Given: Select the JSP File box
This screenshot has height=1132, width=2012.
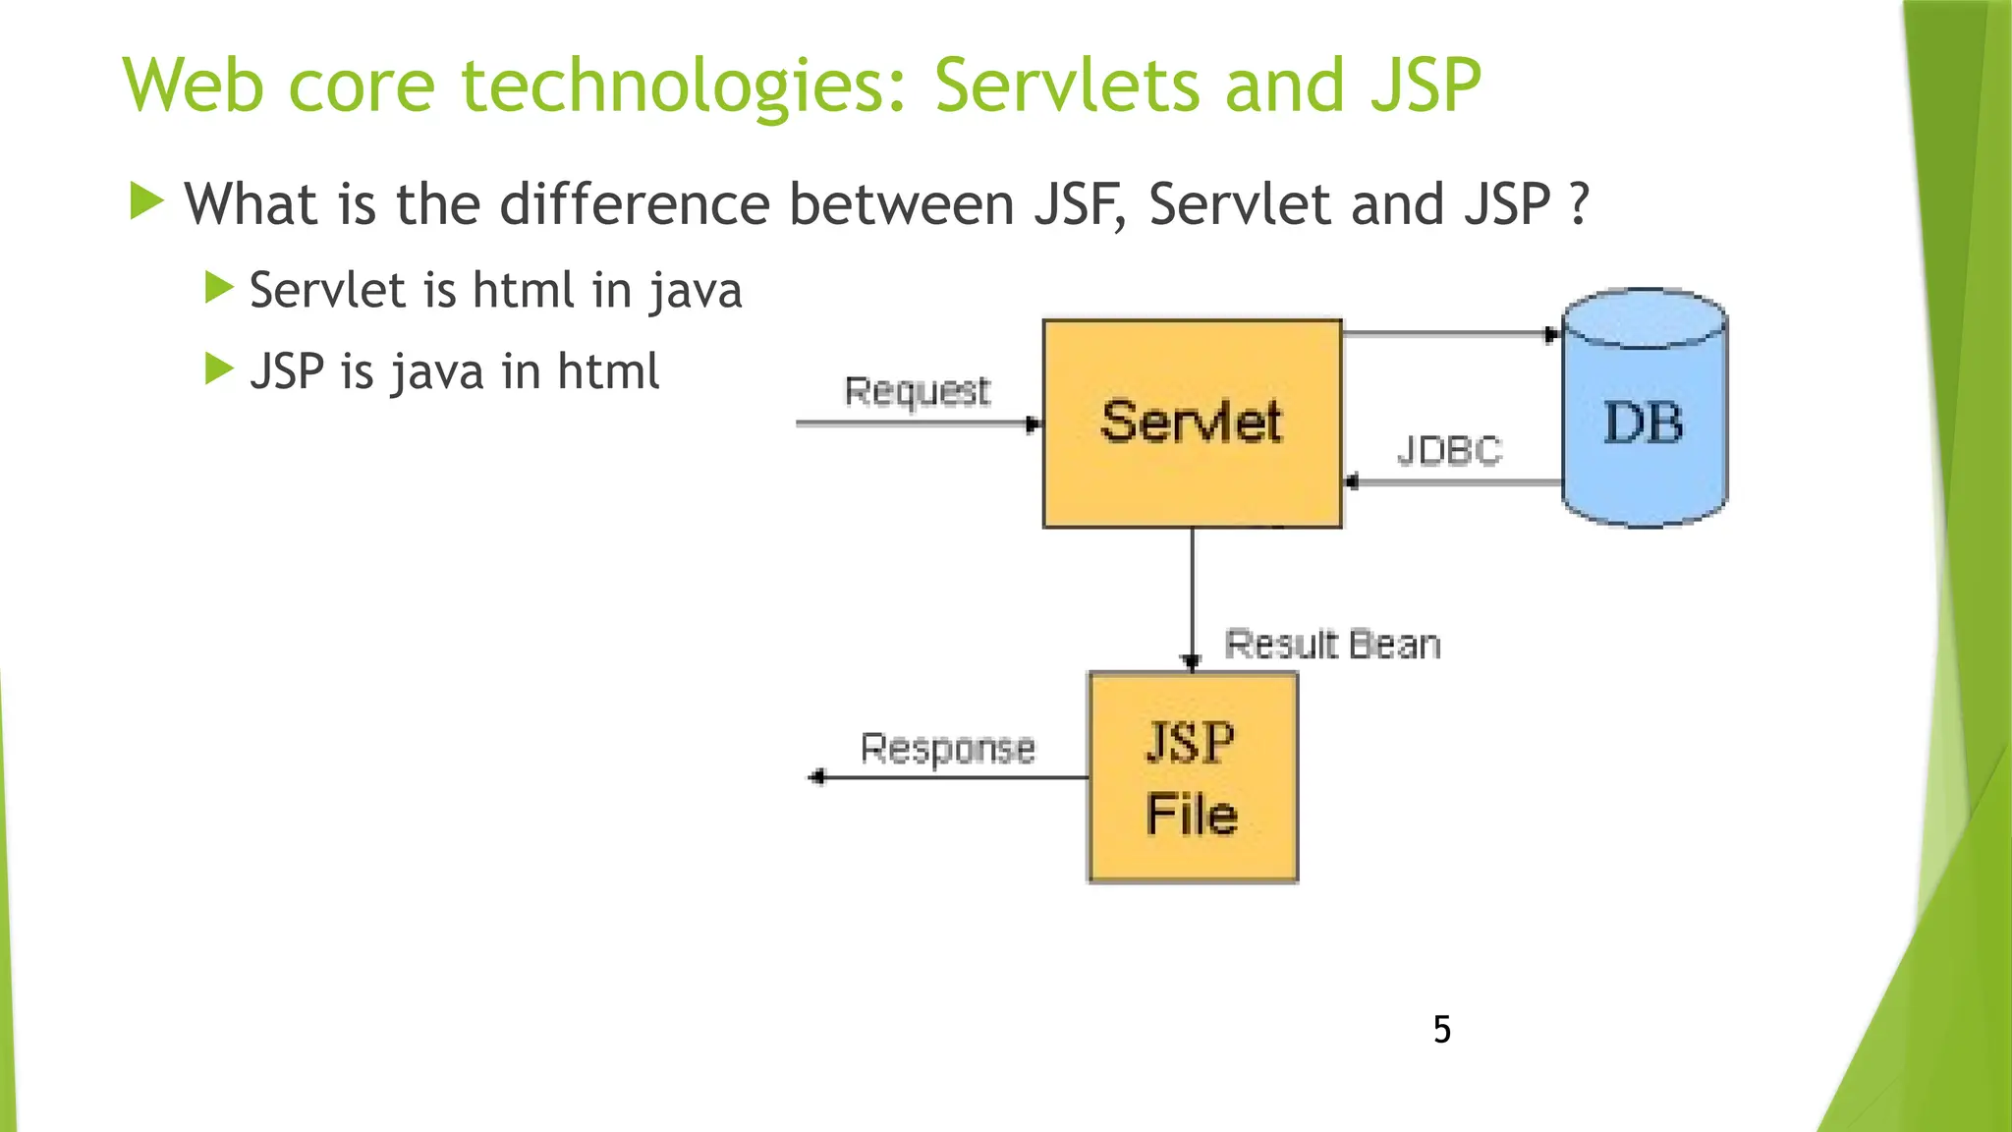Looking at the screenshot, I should [1193, 777].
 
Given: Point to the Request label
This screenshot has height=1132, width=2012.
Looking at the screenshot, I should [917, 391].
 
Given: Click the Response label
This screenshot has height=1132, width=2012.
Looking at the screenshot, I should [947, 749].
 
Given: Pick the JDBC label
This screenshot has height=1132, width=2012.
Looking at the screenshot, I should [1449, 451].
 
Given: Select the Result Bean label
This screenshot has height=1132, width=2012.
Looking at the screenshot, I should [1332, 646].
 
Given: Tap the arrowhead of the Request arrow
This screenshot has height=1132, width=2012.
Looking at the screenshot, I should [1033, 424].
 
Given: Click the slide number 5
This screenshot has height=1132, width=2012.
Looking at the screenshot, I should [1441, 1030].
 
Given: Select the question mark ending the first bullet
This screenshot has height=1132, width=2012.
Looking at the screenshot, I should [1579, 205].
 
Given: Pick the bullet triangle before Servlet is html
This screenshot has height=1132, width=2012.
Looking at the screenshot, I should [218, 288].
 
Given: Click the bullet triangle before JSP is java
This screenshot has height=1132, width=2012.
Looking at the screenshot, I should [218, 369].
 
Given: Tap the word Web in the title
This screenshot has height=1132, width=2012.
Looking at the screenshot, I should [193, 86].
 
